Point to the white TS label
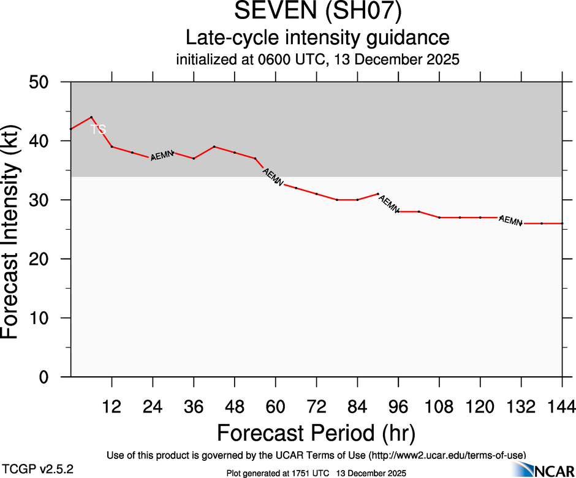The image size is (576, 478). pos(98,129)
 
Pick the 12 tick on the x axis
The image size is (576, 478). pos(112,406)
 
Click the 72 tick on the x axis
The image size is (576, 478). pos(316,406)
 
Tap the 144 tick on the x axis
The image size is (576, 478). pos(562,406)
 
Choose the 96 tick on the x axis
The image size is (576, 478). pos(398,406)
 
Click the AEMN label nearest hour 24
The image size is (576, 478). pos(162,155)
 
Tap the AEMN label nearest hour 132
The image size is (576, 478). pos(510,221)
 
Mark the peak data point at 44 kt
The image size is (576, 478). pos(91,117)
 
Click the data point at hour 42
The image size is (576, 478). pos(214,146)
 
